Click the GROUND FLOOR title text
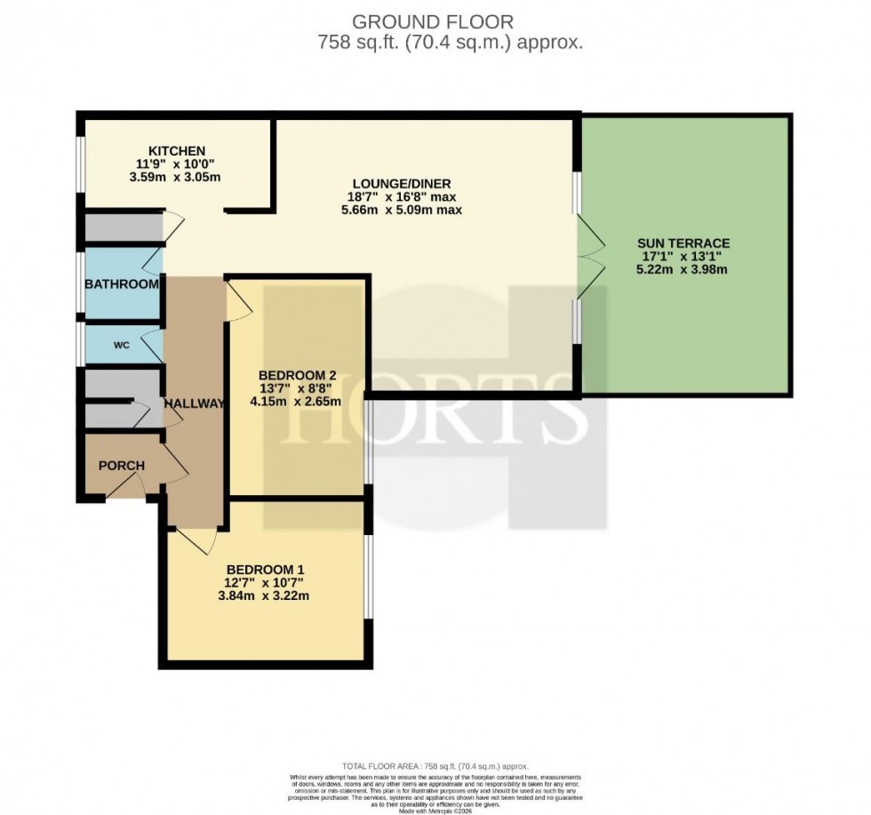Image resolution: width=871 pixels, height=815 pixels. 434,21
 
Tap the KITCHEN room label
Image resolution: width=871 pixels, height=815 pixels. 177,150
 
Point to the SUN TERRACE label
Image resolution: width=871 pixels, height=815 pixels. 683,243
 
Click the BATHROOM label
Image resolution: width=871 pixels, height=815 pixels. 121,284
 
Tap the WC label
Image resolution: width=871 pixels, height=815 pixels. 121,345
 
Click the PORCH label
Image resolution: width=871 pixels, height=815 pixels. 121,466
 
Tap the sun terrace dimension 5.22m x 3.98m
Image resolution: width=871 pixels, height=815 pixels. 683,269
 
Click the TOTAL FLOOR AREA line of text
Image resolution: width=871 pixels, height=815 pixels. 435,765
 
